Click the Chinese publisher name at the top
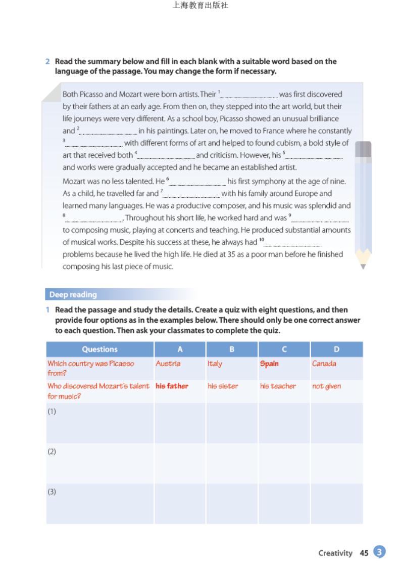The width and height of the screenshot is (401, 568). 201,6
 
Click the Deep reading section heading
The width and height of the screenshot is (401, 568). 73,294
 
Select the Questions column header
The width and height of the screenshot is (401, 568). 100,349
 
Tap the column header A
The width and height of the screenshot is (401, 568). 180,349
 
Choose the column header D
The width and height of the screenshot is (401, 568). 336,349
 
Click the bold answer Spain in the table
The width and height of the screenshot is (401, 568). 269,364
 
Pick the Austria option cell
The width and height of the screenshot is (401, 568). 168,364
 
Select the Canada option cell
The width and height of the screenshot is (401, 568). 324,364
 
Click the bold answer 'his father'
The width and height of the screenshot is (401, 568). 172,386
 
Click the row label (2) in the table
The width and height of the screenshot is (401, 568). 52,451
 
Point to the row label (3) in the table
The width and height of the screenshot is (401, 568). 52,492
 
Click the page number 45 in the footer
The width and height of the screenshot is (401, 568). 364,553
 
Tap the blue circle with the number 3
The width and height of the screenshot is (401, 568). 380,552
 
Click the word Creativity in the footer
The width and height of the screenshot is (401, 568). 335,553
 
